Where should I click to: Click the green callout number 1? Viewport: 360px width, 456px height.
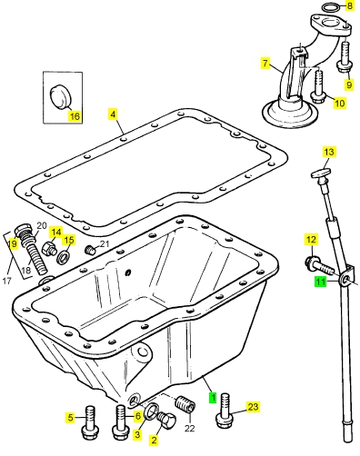[214, 397]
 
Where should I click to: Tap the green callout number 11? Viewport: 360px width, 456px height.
[321, 282]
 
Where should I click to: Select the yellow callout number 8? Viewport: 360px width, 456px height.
[350, 5]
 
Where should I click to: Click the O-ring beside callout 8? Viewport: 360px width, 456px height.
[331, 7]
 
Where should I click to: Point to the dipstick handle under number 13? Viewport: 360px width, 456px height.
[320, 173]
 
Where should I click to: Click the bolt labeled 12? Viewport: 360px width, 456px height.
[318, 265]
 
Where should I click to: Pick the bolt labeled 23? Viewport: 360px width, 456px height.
[224, 411]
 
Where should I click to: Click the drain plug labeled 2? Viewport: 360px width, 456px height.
[166, 420]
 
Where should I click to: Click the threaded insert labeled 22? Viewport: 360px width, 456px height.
[185, 403]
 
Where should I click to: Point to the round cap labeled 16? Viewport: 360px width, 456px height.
[60, 96]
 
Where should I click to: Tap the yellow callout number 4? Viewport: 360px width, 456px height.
[113, 114]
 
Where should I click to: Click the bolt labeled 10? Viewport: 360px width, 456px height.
[318, 87]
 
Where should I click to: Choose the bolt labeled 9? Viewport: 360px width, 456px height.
[345, 57]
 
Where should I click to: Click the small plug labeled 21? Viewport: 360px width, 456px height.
[90, 251]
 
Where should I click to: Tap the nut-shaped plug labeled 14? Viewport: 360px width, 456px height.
[49, 249]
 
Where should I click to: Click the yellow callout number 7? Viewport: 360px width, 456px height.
[265, 64]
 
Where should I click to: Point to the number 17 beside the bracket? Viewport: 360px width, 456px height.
[6, 281]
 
